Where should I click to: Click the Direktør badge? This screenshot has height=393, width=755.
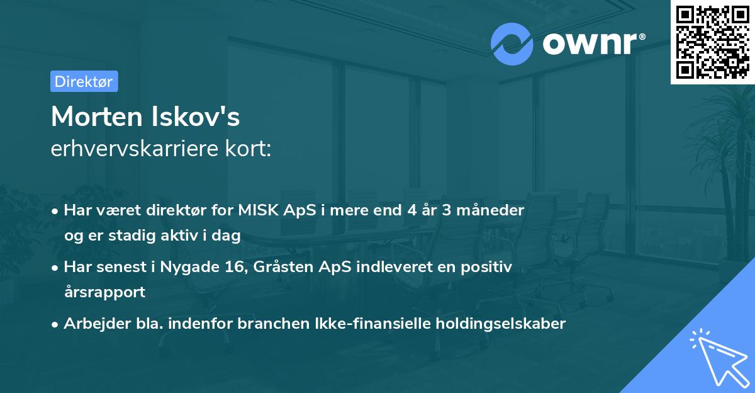pos(84,81)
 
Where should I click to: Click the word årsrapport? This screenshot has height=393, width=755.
pos(104,292)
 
